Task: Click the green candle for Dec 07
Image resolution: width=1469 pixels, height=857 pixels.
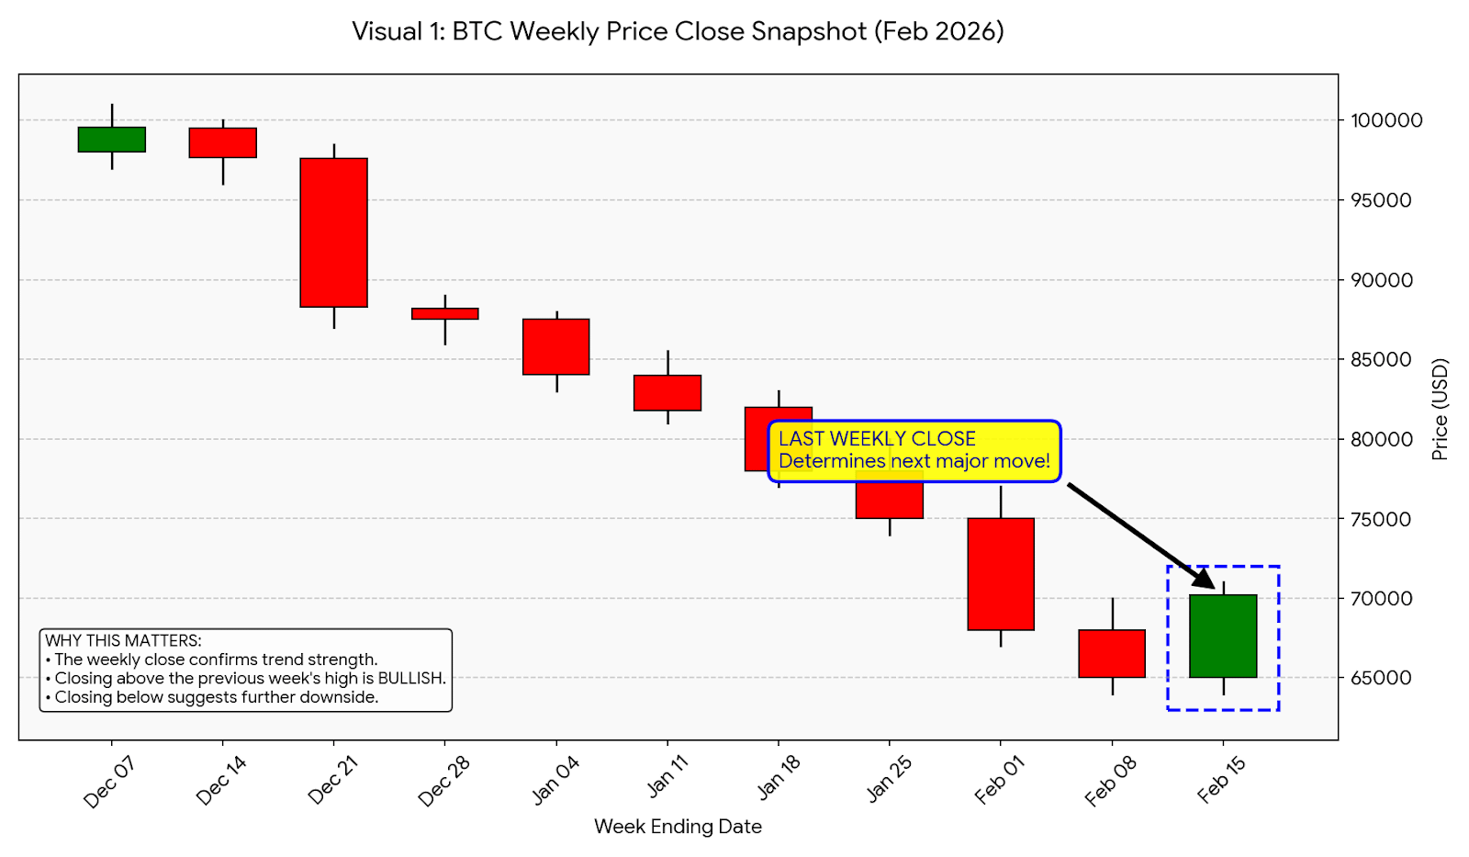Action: (112, 139)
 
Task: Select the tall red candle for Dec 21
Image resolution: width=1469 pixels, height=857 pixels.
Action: (333, 232)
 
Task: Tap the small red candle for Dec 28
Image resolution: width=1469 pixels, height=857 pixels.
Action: (445, 313)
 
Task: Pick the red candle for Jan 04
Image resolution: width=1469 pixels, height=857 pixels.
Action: (556, 346)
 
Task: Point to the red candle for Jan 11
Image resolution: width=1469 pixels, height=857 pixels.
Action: (667, 392)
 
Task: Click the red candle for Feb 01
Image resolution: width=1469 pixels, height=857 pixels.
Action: (1001, 574)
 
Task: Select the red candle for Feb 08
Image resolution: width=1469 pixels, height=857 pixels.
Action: (1112, 653)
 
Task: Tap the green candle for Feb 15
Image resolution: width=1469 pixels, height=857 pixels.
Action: (1223, 636)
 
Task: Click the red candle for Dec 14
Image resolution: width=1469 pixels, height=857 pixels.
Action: (223, 142)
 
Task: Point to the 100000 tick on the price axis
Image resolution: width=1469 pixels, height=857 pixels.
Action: (1385, 120)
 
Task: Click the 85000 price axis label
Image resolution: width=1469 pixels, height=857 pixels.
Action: (1380, 359)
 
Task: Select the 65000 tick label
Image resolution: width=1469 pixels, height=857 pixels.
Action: (1380, 678)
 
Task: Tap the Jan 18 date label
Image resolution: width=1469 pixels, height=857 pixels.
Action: (779, 777)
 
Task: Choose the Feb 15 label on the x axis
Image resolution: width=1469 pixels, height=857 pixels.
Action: (1221, 779)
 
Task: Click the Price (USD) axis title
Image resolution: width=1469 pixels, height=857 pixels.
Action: (1440, 410)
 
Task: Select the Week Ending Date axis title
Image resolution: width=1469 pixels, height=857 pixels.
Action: (678, 827)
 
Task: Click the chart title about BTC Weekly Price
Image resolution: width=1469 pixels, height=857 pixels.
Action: (678, 31)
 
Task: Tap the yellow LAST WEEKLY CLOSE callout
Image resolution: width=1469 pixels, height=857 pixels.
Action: (914, 450)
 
